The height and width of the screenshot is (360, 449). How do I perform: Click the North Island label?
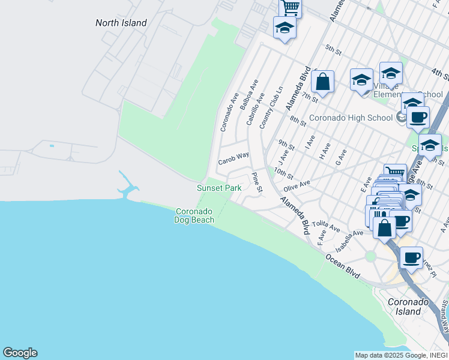tap(121, 23)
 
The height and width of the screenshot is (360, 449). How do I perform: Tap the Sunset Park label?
tap(219, 188)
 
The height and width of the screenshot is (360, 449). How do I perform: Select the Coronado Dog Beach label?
tap(194, 216)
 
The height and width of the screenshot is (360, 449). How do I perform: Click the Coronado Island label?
tap(408, 307)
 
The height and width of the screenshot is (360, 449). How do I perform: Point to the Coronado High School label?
tap(351, 118)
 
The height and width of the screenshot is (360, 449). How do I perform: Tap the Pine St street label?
tap(257, 183)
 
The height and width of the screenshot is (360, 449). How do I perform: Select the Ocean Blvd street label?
tap(343, 266)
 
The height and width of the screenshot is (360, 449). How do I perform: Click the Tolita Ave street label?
tap(326, 226)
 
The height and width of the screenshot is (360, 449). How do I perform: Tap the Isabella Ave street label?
tap(350, 241)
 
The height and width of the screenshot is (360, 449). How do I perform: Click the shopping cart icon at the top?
tap(290, 7)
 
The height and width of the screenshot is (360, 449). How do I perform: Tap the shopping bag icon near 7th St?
tap(322, 82)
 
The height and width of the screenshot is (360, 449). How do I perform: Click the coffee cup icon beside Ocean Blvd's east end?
tap(411, 257)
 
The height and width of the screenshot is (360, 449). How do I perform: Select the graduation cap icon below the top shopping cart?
tap(285, 28)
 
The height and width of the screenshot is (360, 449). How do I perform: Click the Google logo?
tap(20, 353)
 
